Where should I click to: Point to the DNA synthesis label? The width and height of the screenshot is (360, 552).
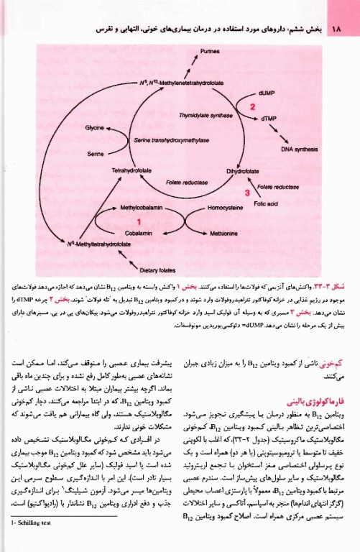click(299, 149)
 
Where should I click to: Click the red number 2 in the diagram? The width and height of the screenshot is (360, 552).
click(252, 106)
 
